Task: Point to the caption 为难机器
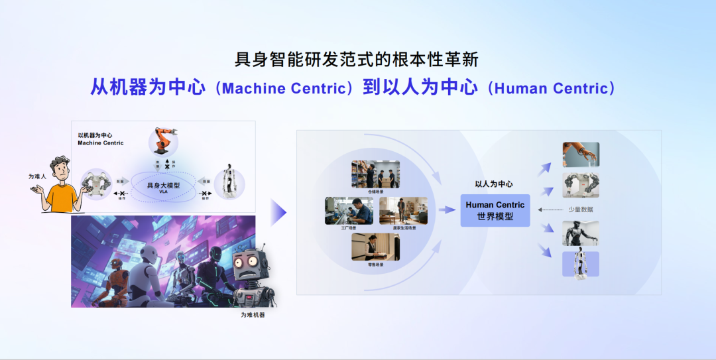click(253, 315)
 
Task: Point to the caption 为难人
click(37, 176)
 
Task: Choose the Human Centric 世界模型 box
click(495, 210)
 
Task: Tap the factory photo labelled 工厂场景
click(349, 211)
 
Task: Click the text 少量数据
click(581, 210)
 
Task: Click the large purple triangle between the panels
click(278, 213)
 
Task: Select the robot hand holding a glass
click(580, 154)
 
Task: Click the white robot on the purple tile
click(580, 263)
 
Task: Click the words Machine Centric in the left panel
click(101, 143)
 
